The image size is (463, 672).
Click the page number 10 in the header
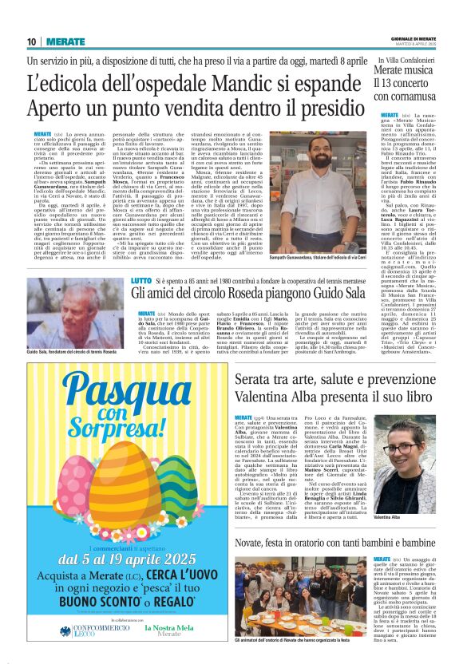31,41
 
